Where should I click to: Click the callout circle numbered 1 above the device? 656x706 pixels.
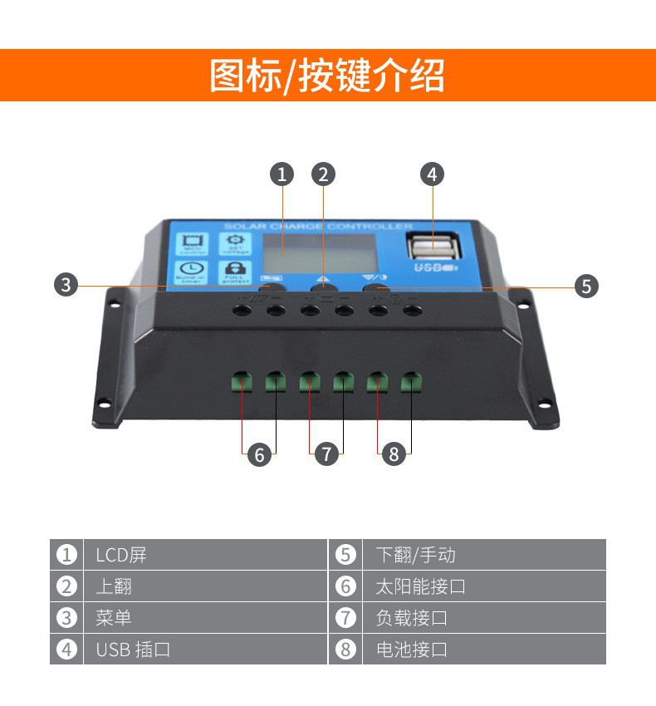pos(282,174)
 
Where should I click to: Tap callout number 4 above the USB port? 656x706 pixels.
pos(431,174)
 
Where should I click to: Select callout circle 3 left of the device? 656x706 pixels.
pos(66,285)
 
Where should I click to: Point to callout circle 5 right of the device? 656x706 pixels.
pos(587,287)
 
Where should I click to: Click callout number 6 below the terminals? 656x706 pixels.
pos(259,454)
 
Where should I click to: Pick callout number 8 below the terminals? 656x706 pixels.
pos(394,454)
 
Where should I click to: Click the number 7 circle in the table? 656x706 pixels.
pos(345,618)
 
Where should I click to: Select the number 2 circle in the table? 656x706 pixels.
pos(66,586)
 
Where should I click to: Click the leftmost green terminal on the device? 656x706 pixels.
pos(242,382)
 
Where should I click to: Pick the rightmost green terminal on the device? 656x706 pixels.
pos(411,382)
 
